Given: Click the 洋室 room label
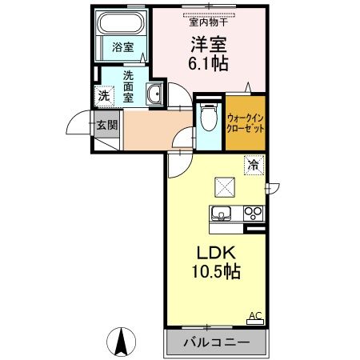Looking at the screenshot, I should pos(209,44).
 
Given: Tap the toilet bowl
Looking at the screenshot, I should pos(207,119).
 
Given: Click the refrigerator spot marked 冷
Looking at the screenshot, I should pos(253,166).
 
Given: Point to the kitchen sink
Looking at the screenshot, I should pos(221,214).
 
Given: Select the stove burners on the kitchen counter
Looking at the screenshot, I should pos(253,214).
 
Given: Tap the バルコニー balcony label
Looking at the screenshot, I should pos(214,343).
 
